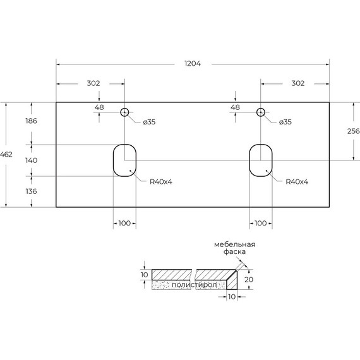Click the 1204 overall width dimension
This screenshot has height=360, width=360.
coord(193,63)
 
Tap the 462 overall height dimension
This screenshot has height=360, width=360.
coord(6,154)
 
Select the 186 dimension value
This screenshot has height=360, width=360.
coord(31,121)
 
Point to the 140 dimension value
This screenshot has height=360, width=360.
coord(31,160)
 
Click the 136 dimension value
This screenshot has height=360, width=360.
coord(31,191)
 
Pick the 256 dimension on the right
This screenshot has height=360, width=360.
coord(354,131)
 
